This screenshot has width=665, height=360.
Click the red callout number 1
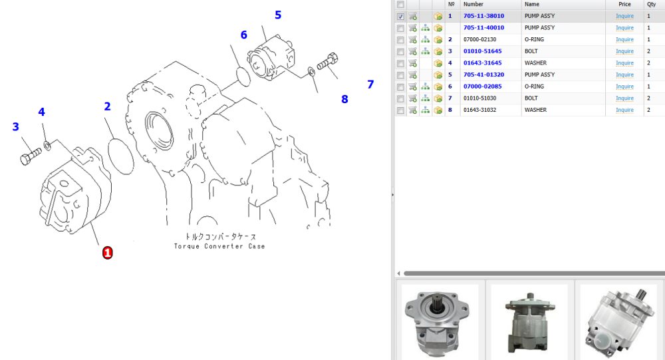pos(107,253)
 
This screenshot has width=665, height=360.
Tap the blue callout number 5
pos(278,15)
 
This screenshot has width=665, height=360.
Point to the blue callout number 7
pos(370,85)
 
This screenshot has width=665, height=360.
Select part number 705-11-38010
pos(483,16)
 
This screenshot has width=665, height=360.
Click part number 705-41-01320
pos(483,75)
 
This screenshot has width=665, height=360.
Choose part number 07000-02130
pos(480,39)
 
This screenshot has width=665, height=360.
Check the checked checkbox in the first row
pos(400,17)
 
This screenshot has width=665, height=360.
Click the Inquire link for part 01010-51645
pos(624,51)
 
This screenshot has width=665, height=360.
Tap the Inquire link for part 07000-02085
pos(624,87)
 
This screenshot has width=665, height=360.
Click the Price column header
pos(624,4)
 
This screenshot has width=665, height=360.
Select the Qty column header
pos(651,4)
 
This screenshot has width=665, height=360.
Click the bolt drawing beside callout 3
pos(31,156)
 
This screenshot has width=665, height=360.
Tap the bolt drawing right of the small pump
pos(327,62)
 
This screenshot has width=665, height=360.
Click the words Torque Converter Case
pos(219,246)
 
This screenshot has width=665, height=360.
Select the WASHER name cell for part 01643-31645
pos(535,63)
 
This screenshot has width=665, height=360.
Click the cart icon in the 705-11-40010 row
pos(412,28)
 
